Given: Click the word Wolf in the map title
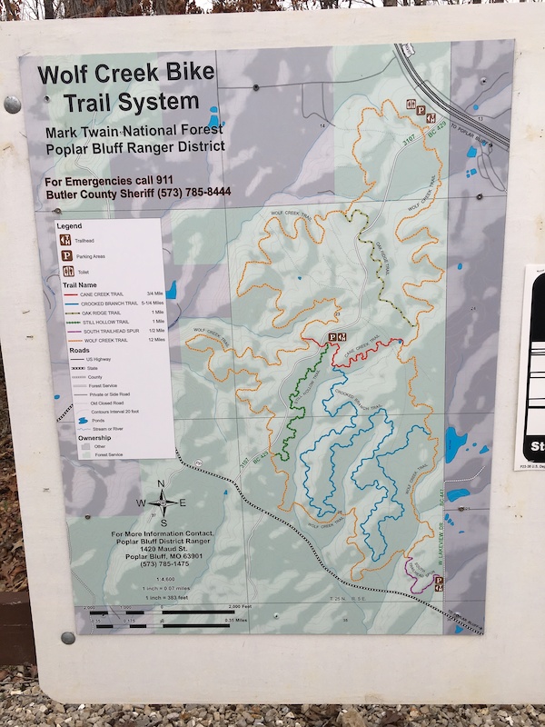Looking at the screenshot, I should [60, 75].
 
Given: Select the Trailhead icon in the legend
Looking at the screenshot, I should [66, 240].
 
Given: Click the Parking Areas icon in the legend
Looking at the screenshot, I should [66, 255].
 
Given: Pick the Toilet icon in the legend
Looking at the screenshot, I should [66, 271].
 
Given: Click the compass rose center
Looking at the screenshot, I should [162, 502].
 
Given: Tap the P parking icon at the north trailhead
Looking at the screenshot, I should [421, 111].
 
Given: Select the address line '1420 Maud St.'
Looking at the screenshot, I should [162, 548].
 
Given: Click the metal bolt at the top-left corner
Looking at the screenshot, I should [12, 105].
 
